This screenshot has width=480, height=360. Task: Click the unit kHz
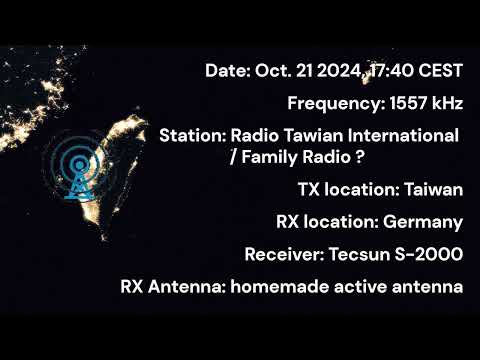tap(446, 102)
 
